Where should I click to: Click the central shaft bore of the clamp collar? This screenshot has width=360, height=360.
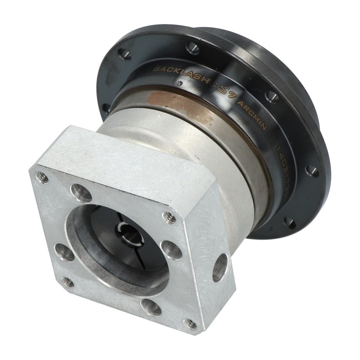coord(129,234)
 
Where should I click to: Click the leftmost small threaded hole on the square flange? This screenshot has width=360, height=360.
coord(42,177)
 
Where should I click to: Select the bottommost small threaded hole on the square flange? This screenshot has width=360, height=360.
coord(190,324)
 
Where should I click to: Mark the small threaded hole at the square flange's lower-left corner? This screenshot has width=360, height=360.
coord(67,282)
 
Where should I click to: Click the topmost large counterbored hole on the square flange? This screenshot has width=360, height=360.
coord(81,193)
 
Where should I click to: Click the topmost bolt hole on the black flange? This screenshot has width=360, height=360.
coord(193,48)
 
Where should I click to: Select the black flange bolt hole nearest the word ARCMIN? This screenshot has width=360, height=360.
coord(271,96)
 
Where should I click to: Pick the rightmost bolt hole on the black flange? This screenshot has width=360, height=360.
coord(312,171)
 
